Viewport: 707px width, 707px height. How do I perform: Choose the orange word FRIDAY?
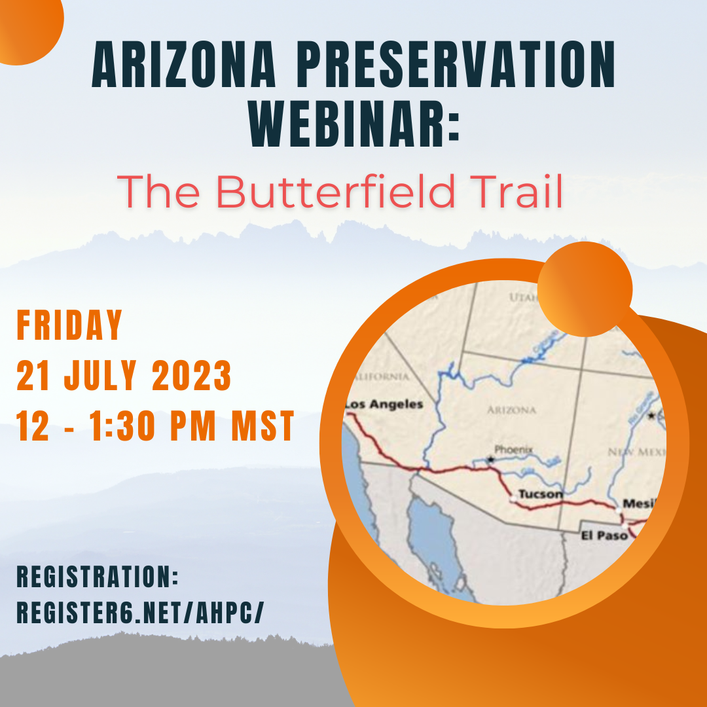point(70,325)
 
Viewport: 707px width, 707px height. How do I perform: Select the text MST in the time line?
point(262,427)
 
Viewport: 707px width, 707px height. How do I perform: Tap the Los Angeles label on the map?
point(384,405)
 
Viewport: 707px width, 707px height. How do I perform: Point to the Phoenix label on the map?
point(513,450)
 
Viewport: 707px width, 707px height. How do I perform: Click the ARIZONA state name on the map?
point(512,410)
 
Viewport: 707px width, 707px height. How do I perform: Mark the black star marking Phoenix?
point(490,460)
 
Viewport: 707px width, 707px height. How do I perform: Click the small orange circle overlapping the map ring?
point(585,289)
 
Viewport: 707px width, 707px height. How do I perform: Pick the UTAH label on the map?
point(523,298)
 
